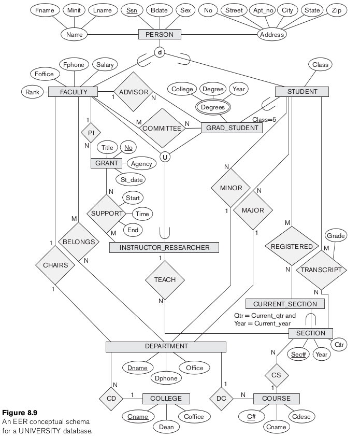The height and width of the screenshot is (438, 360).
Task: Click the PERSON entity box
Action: (x=160, y=35)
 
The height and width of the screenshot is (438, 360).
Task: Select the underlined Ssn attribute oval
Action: (x=131, y=10)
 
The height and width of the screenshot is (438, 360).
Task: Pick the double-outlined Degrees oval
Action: (x=213, y=107)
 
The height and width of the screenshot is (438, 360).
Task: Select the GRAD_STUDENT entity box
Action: (x=232, y=128)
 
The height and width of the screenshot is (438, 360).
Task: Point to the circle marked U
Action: (x=165, y=156)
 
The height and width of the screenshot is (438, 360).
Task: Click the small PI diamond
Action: (x=91, y=133)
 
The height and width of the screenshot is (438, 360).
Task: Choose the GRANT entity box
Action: (x=107, y=163)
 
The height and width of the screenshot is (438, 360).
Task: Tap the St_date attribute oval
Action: (x=131, y=180)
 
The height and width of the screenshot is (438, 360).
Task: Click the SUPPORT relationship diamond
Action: (x=107, y=214)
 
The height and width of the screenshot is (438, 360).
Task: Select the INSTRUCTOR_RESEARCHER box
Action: (x=164, y=247)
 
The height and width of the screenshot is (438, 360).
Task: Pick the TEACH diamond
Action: (x=165, y=280)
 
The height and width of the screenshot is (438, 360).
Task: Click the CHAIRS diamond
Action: (x=55, y=265)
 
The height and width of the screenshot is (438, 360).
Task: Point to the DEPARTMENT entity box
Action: (x=166, y=346)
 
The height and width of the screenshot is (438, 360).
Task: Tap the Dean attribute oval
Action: (x=166, y=427)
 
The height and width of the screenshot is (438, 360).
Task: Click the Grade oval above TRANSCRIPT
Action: (x=335, y=236)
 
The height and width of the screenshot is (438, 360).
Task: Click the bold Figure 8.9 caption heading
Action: (x=19, y=413)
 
